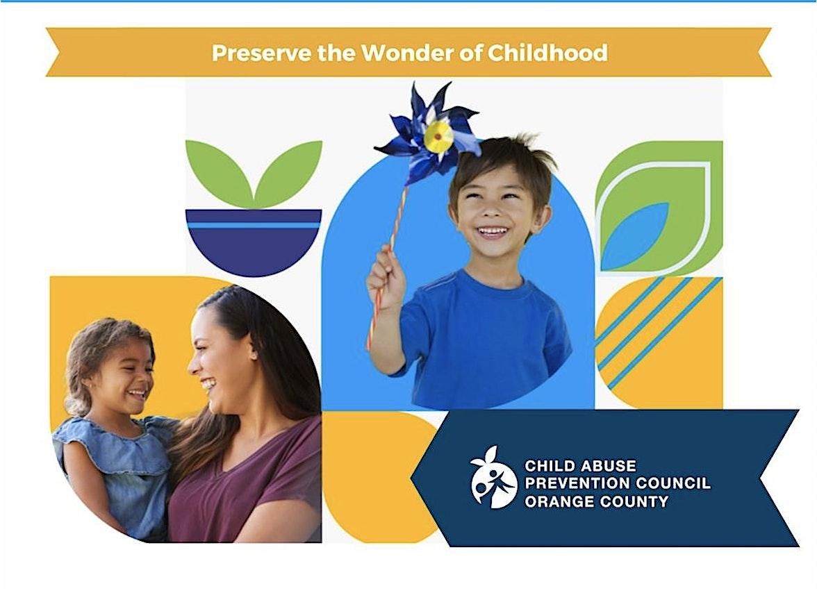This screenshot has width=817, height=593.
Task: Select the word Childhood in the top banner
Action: (547, 53)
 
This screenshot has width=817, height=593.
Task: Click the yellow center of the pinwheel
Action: (438, 135)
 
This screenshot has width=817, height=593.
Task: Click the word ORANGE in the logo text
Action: (557, 501)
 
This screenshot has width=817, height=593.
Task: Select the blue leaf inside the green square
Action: (635, 237)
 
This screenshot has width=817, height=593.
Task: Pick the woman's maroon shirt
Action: (245, 484)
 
